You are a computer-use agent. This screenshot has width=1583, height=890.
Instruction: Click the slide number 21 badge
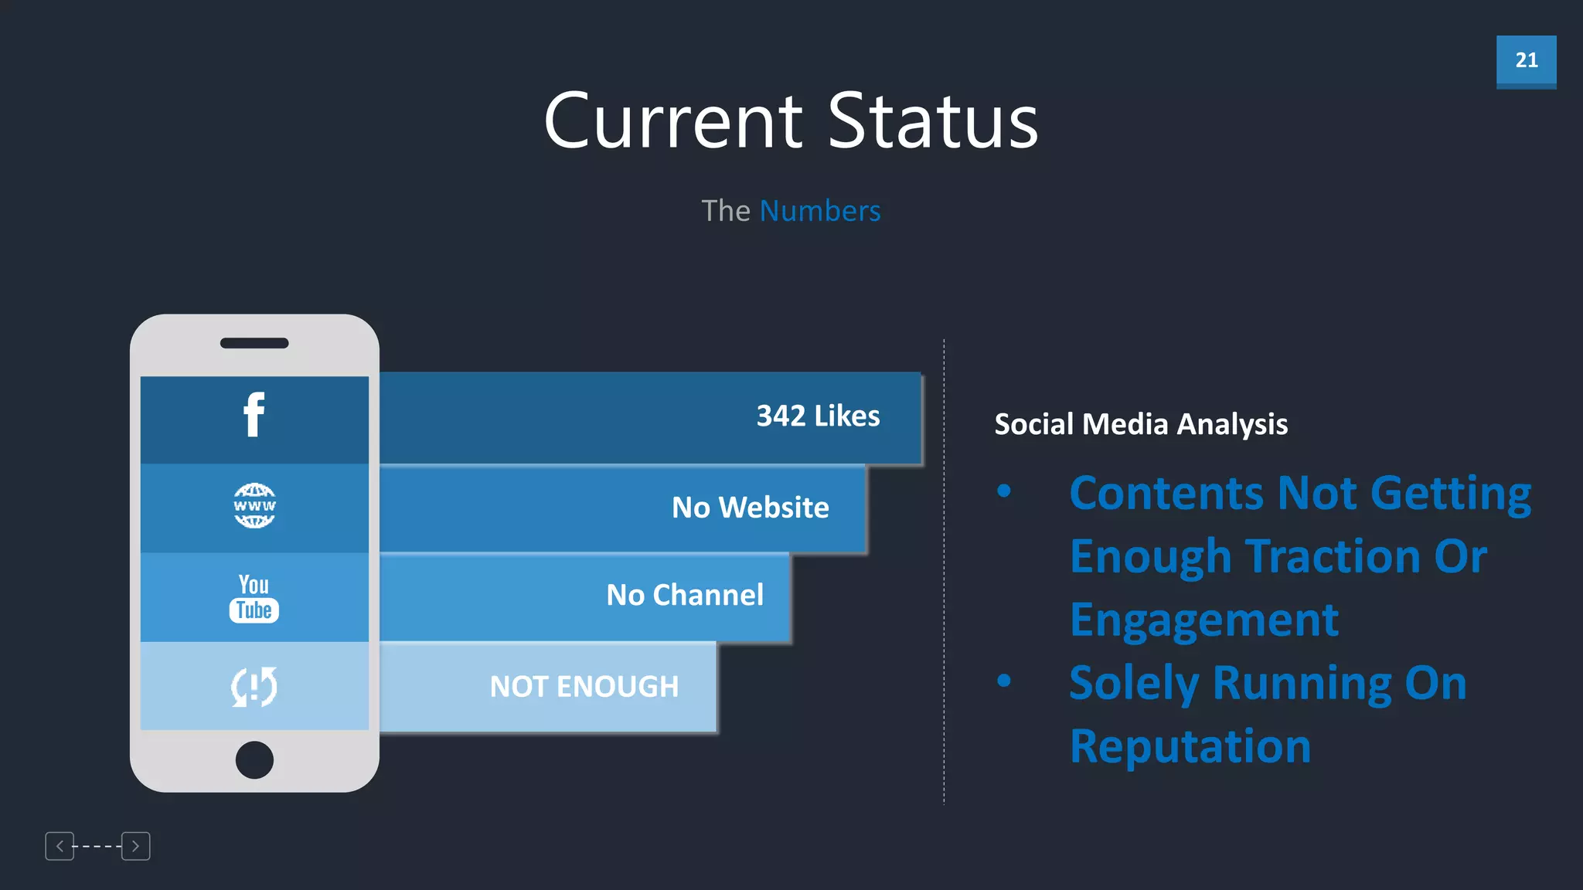(x=1526, y=60)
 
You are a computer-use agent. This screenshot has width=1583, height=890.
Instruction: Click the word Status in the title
(x=933, y=122)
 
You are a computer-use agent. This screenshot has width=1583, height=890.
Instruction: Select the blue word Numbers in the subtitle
(x=819, y=211)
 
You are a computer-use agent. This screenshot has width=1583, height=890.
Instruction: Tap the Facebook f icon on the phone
(x=254, y=415)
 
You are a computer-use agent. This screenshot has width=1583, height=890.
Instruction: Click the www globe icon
(x=254, y=506)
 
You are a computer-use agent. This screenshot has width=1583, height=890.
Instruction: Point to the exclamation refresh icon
(x=254, y=686)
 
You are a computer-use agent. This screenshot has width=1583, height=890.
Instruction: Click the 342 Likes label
(x=818, y=416)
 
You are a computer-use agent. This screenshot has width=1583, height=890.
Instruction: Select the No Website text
(x=750, y=508)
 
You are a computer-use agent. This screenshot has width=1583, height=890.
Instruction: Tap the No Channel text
(x=685, y=595)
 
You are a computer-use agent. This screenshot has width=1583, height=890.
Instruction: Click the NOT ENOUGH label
(x=584, y=687)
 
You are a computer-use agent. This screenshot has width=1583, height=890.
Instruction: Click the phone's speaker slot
(x=254, y=343)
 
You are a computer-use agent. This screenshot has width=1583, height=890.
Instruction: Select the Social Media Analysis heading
(x=1141, y=424)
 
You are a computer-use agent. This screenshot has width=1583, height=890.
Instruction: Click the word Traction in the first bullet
(x=1333, y=556)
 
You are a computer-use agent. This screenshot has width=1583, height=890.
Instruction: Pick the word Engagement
(x=1204, y=620)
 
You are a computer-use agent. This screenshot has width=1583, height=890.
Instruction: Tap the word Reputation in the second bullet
(x=1190, y=746)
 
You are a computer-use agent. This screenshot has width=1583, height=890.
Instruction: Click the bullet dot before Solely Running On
(x=1004, y=681)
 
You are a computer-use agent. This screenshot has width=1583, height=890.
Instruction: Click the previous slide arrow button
(x=60, y=846)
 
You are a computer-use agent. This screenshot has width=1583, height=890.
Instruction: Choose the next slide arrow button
(x=136, y=846)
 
